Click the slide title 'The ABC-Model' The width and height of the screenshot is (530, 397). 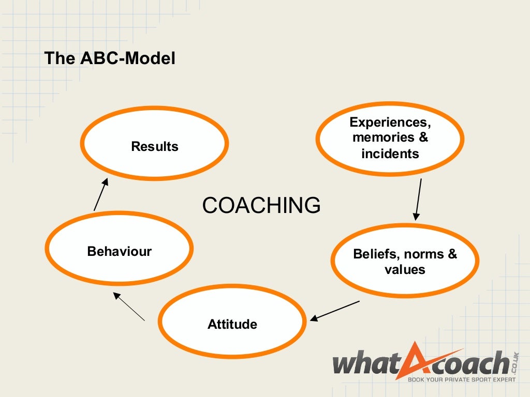110,58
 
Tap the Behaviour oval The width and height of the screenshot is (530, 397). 119,251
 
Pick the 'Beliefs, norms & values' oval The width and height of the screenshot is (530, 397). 405,262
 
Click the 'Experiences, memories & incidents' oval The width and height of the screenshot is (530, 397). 390,138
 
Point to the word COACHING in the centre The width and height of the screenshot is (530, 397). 261,205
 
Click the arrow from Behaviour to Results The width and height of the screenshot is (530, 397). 101,194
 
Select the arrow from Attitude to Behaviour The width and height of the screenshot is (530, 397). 129,307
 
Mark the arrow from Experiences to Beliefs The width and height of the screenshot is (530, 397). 418,199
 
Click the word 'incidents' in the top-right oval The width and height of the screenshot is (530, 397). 390,154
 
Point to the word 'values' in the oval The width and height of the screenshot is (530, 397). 405,269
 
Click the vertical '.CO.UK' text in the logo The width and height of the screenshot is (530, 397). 515,361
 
